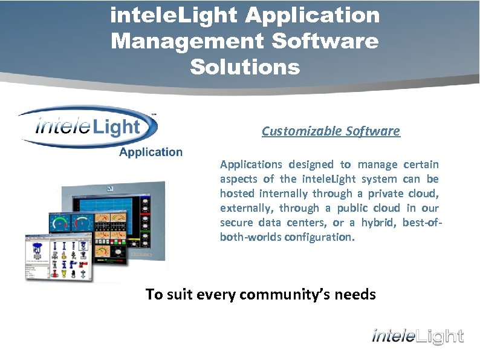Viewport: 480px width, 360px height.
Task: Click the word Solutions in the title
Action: (245, 67)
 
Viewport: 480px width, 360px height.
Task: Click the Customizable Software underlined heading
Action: (331, 131)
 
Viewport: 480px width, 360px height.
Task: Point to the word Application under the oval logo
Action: (151, 152)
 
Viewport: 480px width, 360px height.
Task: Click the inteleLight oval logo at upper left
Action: (88, 127)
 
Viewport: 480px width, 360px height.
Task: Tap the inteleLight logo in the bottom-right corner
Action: (417, 336)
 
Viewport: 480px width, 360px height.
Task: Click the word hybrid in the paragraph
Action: (379, 223)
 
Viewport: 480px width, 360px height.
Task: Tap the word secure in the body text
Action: (236, 223)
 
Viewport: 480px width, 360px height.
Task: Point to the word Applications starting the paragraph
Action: (251, 165)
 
